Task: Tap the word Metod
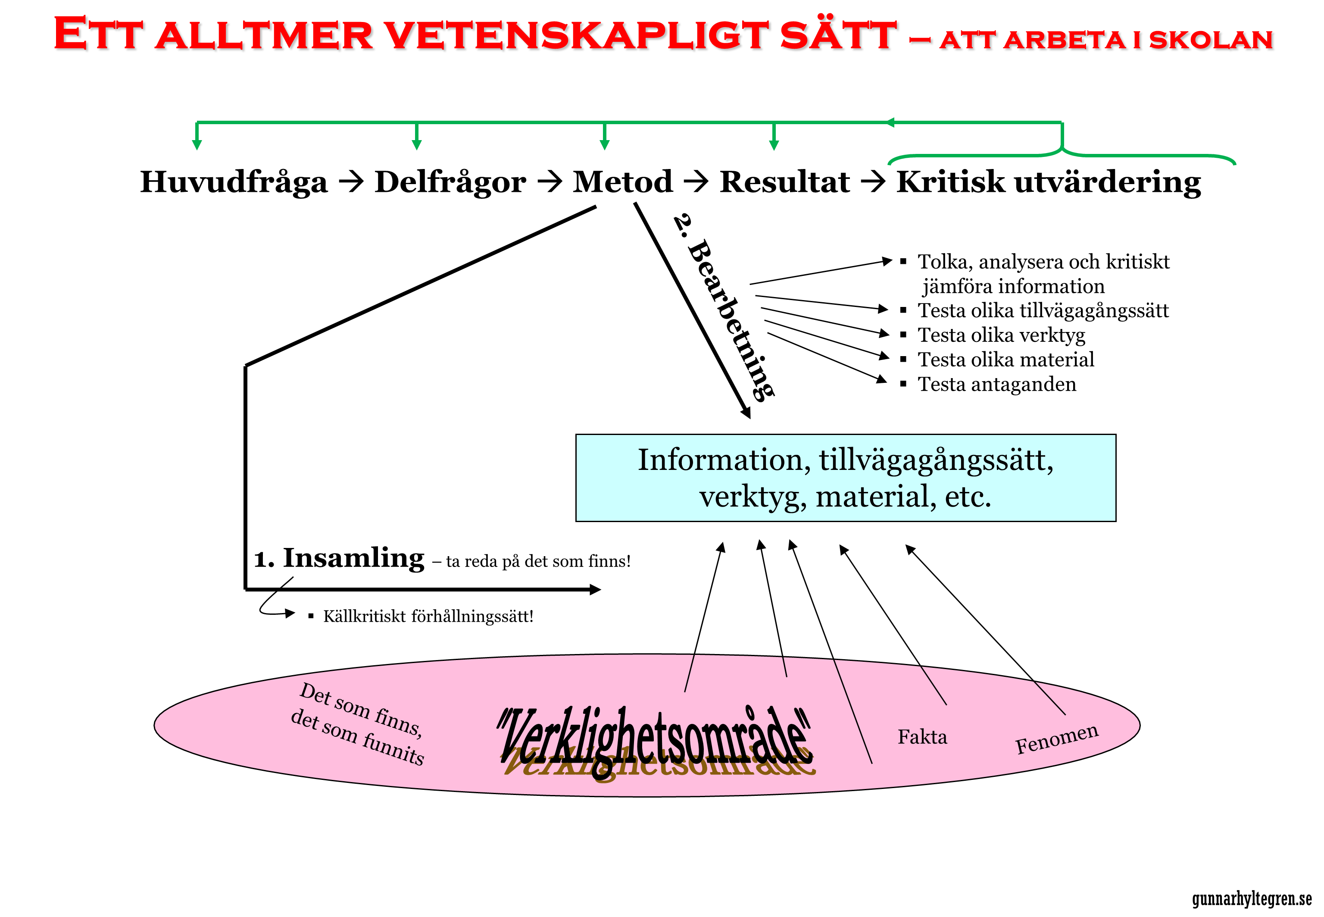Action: tap(623, 182)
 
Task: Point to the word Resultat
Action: tap(785, 182)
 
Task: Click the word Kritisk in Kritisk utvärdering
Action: tap(951, 182)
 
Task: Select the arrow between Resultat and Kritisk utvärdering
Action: tap(873, 182)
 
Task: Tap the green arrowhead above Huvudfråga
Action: tap(197, 144)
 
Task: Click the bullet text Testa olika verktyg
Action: tap(1001, 335)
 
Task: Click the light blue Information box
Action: tap(846, 478)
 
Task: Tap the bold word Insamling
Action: tap(353, 558)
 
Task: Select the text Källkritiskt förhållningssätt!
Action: tap(428, 617)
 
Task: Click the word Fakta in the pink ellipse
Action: tap(922, 737)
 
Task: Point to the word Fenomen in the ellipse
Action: tap(1057, 739)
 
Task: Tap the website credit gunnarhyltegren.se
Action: tap(1252, 898)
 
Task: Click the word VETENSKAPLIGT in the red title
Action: tap(577, 35)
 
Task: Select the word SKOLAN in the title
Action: tap(1211, 39)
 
